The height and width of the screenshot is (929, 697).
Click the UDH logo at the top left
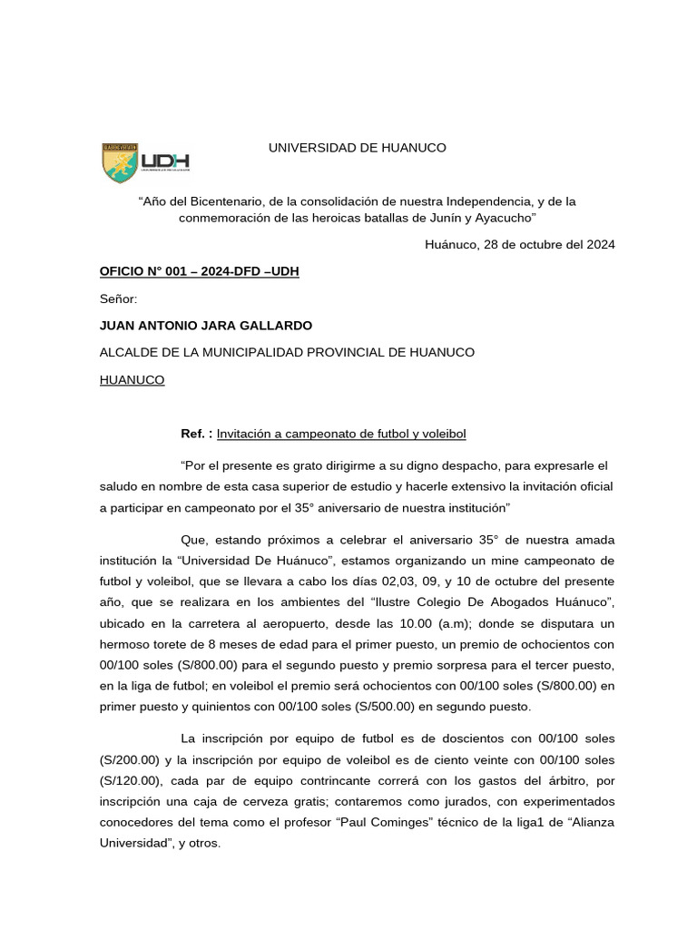[144, 161]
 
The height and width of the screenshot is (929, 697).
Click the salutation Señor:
[118, 298]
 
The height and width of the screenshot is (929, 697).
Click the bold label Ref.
[196, 434]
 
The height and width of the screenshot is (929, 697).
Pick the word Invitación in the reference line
[247, 434]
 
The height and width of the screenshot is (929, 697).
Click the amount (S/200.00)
[130, 759]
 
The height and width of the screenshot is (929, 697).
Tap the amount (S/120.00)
[130, 780]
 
